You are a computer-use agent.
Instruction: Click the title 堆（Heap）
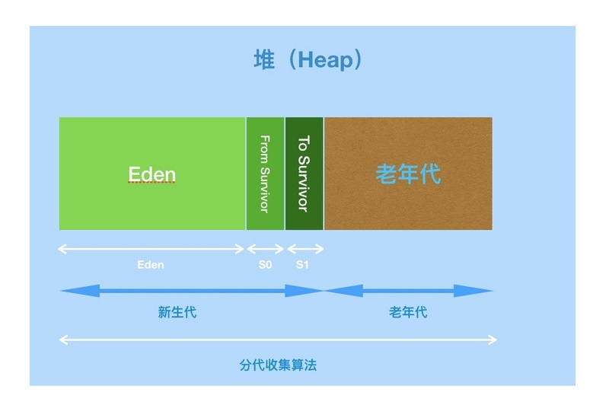coord(308,60)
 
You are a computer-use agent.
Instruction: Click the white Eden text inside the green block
coord(151,174)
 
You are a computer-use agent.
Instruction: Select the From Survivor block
coord(265,174)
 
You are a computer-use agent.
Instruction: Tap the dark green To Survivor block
coord(304,174)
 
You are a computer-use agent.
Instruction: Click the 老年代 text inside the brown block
coord(408,174)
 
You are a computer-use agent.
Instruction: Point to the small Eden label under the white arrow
coord(150,265)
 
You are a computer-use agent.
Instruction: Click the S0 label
coord(265,265)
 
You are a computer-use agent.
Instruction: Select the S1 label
coord(303,265)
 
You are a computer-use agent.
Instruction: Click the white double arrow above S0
coord(265,248)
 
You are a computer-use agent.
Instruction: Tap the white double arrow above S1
coord(304,248)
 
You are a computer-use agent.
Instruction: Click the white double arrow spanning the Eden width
coord(151,248)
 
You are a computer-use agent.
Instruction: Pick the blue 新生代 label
coord(177,311)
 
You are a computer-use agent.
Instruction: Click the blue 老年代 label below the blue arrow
coord(408,311)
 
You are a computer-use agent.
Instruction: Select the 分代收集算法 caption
coord(277,365)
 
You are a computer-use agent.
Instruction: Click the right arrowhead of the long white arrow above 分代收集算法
coord(493,339)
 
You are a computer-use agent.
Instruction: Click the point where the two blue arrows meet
coord(325,290)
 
